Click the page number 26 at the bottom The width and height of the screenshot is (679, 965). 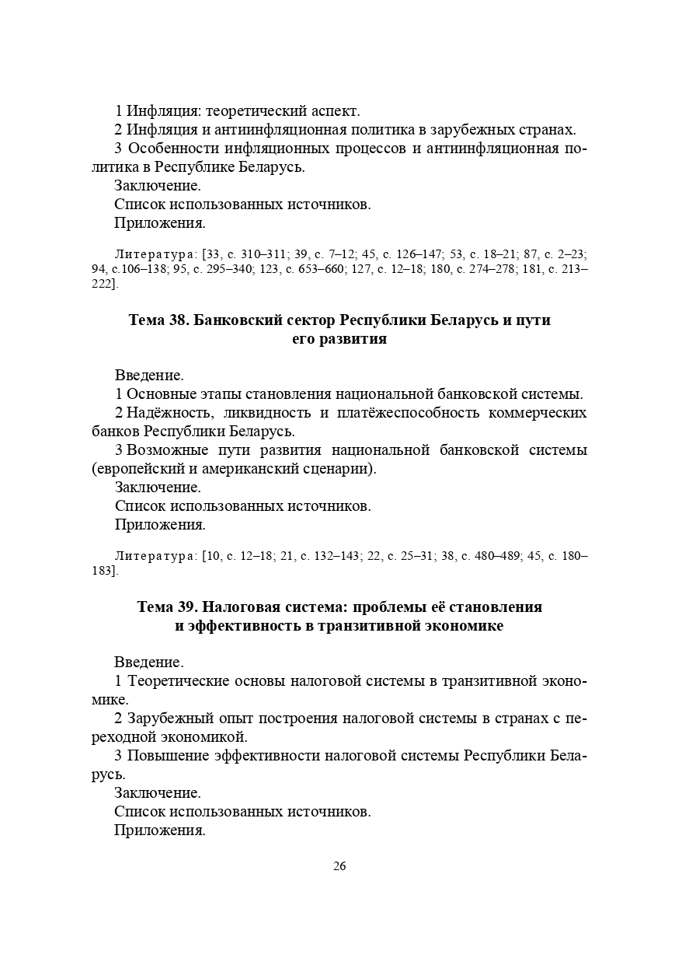[339, 866]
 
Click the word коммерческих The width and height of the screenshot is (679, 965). [538, 412]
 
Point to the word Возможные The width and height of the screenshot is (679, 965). [167, 450]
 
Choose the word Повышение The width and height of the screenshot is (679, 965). [169, 756]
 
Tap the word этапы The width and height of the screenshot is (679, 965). [214, 393]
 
